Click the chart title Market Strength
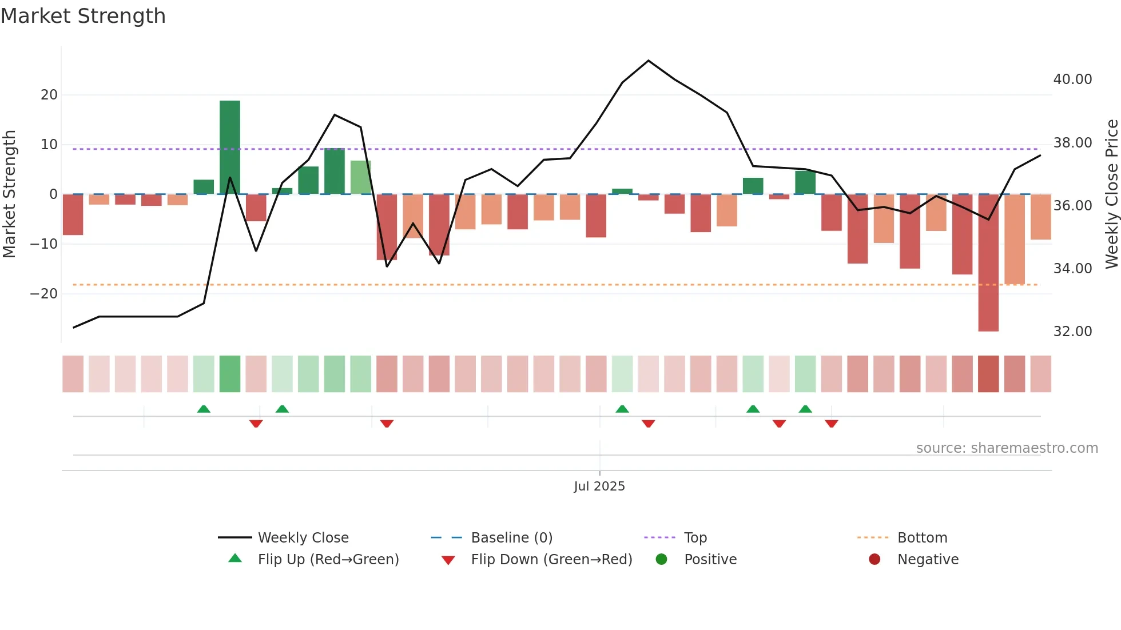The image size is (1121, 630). [83, 16]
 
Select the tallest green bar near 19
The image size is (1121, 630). [230, 147]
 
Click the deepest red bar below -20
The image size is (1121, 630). [988, 263]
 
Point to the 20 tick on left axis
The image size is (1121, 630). [49, 95]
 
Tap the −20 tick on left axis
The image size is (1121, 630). [44, 294]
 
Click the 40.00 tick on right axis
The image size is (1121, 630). [1072, 79]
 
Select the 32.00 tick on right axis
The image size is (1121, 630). [1072, 332]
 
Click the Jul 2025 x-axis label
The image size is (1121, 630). [599, 487]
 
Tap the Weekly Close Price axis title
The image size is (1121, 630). [1111, 194]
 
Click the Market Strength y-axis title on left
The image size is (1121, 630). [9, 194]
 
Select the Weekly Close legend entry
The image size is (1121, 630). [303, 538]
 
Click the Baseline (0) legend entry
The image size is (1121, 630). [511, 538]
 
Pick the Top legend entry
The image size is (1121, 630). [695, 538]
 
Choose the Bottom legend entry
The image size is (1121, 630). [922, 538]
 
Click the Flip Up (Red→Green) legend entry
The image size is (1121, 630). [328, 560]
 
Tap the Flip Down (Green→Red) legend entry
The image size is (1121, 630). [551, 560]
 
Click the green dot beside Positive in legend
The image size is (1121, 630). [662, 560]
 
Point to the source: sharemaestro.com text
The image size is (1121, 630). [1007, 448]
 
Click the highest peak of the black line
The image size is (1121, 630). [648, 61]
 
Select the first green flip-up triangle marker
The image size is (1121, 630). [204, 409]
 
